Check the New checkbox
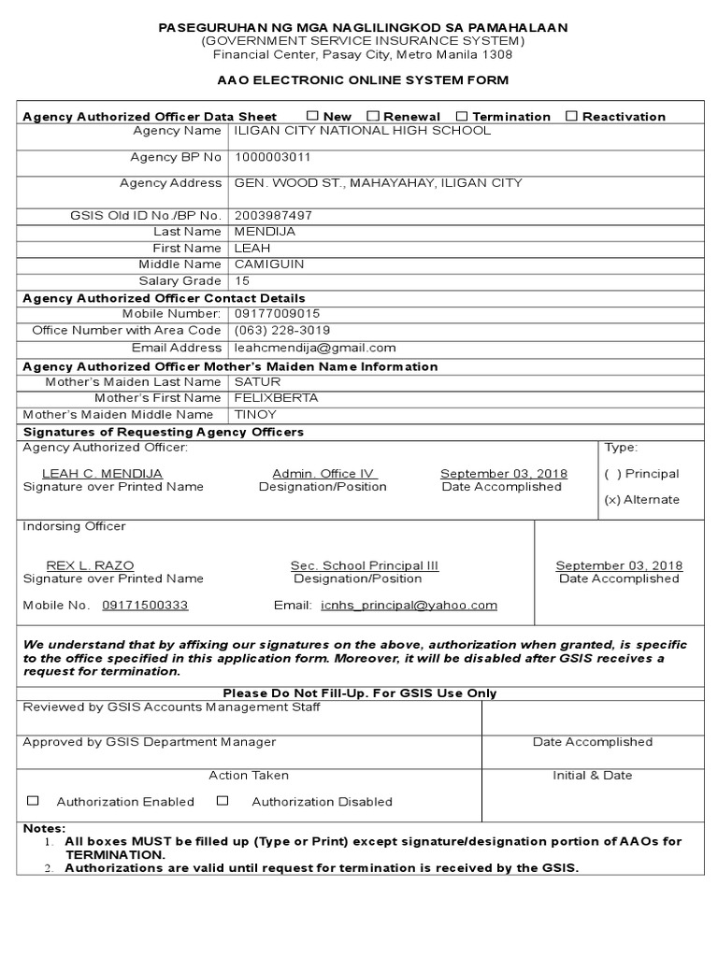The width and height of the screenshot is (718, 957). coord(312,116)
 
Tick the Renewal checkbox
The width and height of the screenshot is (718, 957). coord(373,116)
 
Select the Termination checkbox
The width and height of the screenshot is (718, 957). coord(462,116)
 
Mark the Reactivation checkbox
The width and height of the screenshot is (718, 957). coord(571,116)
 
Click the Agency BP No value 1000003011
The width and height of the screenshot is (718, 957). coord(273,157)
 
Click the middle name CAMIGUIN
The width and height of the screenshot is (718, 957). coord(269,264)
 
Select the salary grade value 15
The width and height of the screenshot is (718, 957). coord(242,281)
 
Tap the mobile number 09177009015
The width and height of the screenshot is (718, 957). coord(278,314)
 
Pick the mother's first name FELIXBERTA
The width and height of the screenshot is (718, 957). coord(276,397)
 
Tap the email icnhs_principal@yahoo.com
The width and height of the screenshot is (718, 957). coord(409,606)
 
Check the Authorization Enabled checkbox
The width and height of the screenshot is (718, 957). coord(34,801)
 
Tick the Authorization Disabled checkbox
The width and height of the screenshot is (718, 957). coord(223,801)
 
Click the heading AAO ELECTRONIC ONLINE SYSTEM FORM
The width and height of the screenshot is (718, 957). coord(363,80)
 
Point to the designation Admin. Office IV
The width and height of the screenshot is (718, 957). coord(323,474)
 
